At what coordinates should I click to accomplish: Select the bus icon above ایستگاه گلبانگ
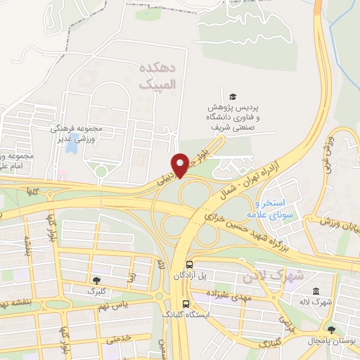186,304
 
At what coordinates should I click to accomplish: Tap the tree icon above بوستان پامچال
331,328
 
